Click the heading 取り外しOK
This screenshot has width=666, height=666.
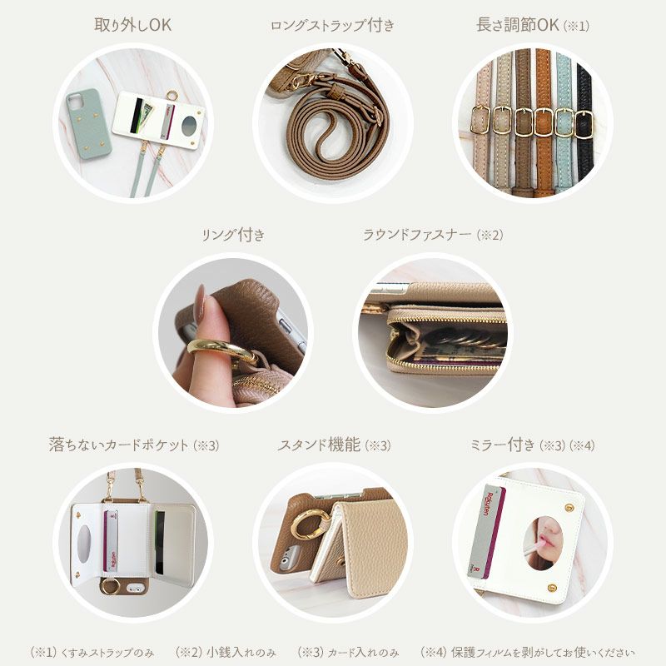132,25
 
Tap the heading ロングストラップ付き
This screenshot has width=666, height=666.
332,26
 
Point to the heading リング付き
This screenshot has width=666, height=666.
233,235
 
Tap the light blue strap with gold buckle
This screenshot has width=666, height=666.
563,125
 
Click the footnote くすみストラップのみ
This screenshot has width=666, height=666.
92,652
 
